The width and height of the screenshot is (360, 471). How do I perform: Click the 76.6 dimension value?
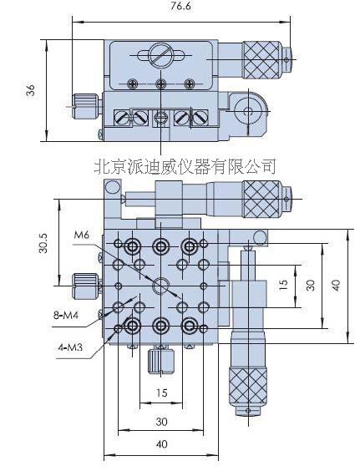[x=180, y=7]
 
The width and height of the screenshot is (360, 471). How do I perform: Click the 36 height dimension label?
[x=30, y=90]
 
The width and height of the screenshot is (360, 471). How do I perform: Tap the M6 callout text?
[x=82, y=235]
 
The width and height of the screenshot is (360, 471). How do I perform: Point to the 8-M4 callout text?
[x=66, y=316]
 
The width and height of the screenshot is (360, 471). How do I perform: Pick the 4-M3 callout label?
[x=70, y=347]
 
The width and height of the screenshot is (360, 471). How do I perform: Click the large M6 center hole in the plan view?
[x=161, y=286]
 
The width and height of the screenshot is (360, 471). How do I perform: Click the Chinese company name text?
[x=185, y=166]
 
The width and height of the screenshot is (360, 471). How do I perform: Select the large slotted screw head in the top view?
[x=160, y=55]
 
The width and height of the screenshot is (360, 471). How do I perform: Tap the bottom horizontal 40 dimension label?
[x=162, y=444]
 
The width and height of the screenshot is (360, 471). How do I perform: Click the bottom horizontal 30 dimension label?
[x=161, y=422]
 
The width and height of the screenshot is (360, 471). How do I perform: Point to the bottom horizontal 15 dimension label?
[x=161, y=392]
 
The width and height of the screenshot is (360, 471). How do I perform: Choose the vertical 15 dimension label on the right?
[x=283, y=285]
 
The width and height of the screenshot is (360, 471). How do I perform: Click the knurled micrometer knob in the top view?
[x=261, y=60]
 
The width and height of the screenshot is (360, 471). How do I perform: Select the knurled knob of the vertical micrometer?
[x=248, y=386]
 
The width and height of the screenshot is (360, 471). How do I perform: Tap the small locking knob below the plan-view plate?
[x=161, y=361]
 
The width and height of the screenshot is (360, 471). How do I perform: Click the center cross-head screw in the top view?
[x=161, y=84]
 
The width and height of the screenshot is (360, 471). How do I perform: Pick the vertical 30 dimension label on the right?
[x=312, y=285]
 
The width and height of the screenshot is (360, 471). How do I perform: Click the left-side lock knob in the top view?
[x=86, y=106]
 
